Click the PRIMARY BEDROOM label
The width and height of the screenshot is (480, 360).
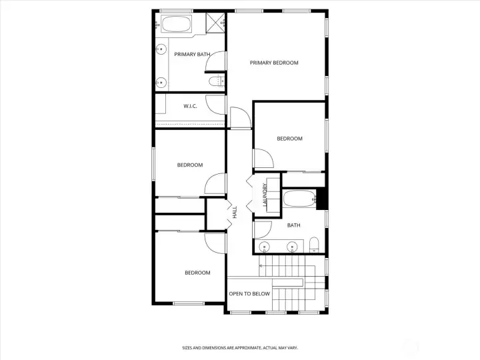pyautogui.click(x=274, y=63)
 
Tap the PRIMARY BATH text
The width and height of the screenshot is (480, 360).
pyautogui.click(x=192, y=55)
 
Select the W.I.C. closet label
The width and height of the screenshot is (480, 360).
pyautogui.click(x=190, y=106)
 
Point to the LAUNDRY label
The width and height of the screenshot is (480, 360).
pyautogui.click(x=265, y=195)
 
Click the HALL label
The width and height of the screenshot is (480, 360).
pyautogui.click(x=235, y=212)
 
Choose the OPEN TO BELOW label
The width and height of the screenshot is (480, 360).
pyautogui.click(x=249, y=294)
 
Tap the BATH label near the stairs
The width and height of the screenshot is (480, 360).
pyautogui.click(x=293, y=225)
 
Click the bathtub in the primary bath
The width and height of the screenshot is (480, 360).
pyautogui.click(x=176, y=23)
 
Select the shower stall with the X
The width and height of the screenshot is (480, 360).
pyautogui.click(x=215, y=23)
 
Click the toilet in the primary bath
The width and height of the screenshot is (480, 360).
pyautogui.click(x=217, y=81)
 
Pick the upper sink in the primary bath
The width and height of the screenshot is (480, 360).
pyautogui.click(x=161, y=49)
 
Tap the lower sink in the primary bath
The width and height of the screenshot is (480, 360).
pyautogui.click(x=161, y=83)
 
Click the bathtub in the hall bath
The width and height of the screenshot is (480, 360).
pyautogui.click(x=299, y=199)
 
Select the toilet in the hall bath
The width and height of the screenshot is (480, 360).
pyautogui.click(x=314, y=245)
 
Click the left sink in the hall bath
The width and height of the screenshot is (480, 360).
pyautogui.click(x=264, y=246)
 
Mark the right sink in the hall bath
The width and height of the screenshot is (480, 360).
pyautogui.click(x=293, y=246)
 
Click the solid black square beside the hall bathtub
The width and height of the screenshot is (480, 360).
pyautogui.click(x=321, y=199)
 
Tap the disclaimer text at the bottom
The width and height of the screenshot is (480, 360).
pyautogui.click(x=240, y=348)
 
